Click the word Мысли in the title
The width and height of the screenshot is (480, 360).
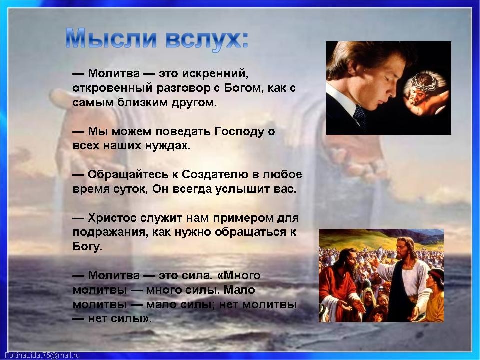[x=111, y=39]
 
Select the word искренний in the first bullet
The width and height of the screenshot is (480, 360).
[x=215, y=74]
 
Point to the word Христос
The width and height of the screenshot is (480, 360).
[x=112, y=218]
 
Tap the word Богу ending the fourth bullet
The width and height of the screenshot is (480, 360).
[x=87, y=246]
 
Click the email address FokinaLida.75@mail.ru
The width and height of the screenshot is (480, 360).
[x=42, y=355]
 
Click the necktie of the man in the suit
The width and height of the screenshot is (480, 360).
[x=360, y=116]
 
